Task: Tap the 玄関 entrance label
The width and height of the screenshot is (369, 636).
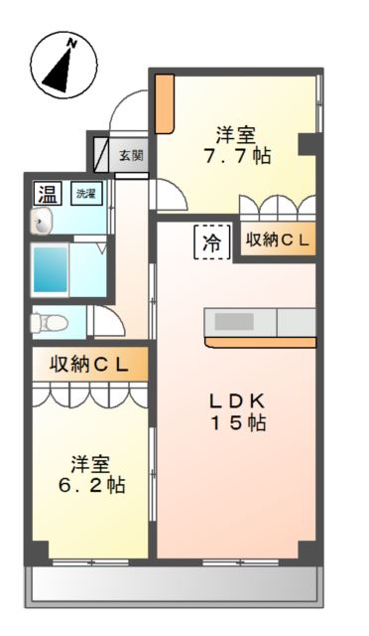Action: coord(131,155)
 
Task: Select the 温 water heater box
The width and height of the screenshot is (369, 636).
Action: coord(46,193)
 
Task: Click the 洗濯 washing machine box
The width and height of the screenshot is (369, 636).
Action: coord(87,194)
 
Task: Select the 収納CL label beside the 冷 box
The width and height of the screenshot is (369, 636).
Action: coord(279,239)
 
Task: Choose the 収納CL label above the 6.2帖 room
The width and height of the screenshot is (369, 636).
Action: coord(89,364)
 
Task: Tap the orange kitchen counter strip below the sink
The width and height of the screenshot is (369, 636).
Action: coord(260,343)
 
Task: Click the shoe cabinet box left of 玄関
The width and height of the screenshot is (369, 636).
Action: coord(102,154)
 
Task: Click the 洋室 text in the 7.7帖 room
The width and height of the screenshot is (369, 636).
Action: coord(236,132)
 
